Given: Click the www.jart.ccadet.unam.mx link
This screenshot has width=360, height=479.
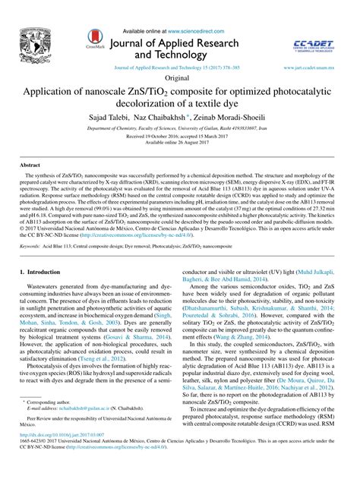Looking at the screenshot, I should click(311, 68).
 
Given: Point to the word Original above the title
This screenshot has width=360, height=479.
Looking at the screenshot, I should click(179, 78).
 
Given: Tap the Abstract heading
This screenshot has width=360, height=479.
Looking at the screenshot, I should click(30, 164).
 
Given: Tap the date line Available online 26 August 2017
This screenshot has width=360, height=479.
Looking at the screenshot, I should click(179, 142).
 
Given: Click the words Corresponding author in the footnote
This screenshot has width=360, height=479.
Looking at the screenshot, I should click(51, 421).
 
